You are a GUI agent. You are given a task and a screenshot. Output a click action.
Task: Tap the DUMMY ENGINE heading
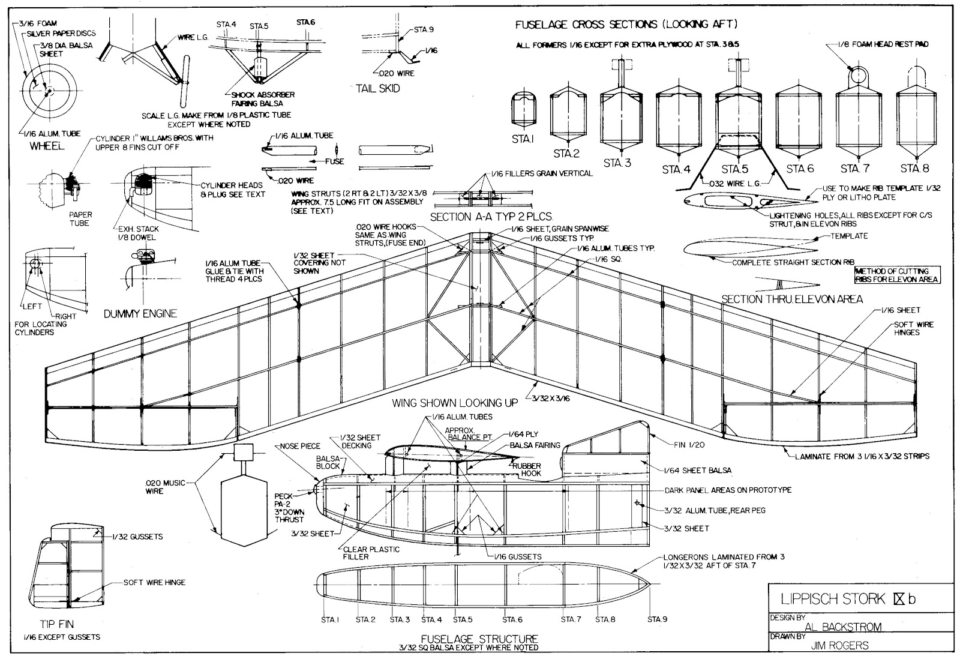point(140,313)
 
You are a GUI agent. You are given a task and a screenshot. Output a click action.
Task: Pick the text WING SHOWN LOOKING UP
point(455,403)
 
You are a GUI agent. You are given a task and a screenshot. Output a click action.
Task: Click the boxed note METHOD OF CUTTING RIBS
point(898,275)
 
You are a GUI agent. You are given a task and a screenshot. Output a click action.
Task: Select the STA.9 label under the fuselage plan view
point(658,619)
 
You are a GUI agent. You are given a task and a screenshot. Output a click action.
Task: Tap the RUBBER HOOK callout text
point(526,469)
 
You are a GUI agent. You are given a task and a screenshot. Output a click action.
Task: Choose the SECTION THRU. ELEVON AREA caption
point(792,299)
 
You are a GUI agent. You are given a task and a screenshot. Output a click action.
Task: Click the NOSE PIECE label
point(300,446)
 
